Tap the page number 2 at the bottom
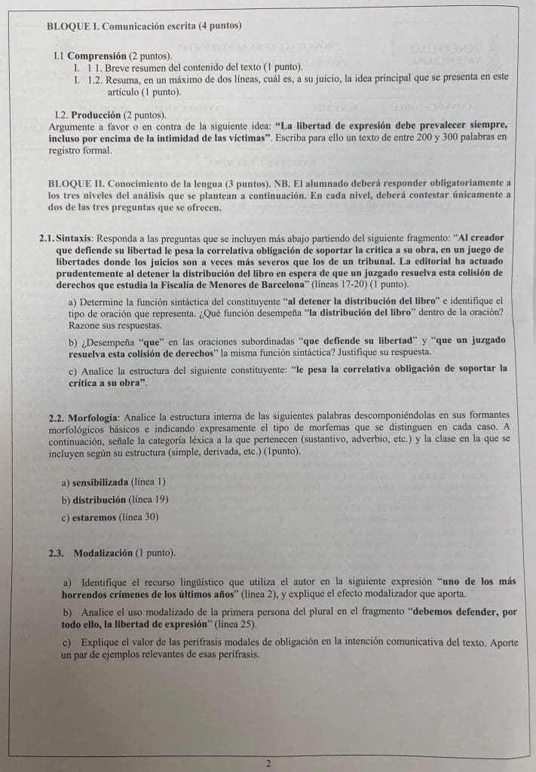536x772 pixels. pos(268,763)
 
